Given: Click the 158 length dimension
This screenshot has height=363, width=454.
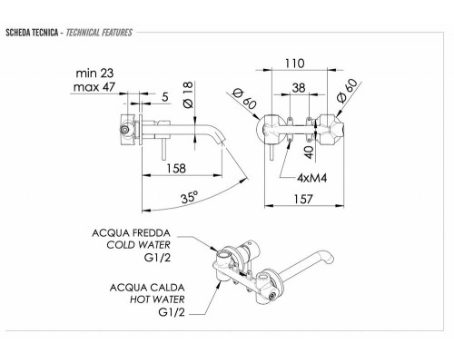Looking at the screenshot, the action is (x=176, y=168).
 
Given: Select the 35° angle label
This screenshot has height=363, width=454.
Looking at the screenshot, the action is (x=190, y=198).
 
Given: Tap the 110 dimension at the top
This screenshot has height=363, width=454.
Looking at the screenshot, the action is (x=295, y=64).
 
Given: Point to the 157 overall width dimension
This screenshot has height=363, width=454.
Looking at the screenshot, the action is (x=303, y=199).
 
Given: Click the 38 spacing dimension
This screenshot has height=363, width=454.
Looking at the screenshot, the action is (x=299, y=88).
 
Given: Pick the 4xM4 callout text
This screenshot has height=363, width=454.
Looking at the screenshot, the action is (x=312, y=178).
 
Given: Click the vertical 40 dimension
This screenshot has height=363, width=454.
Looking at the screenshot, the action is (x=310, y=152).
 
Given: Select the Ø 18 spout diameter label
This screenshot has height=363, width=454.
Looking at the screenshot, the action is (x=188, y=94).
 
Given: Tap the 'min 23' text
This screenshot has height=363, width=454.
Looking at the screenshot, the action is (x=94, y=73).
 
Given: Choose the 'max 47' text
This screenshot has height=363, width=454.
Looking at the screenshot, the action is (x=94, y=87).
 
